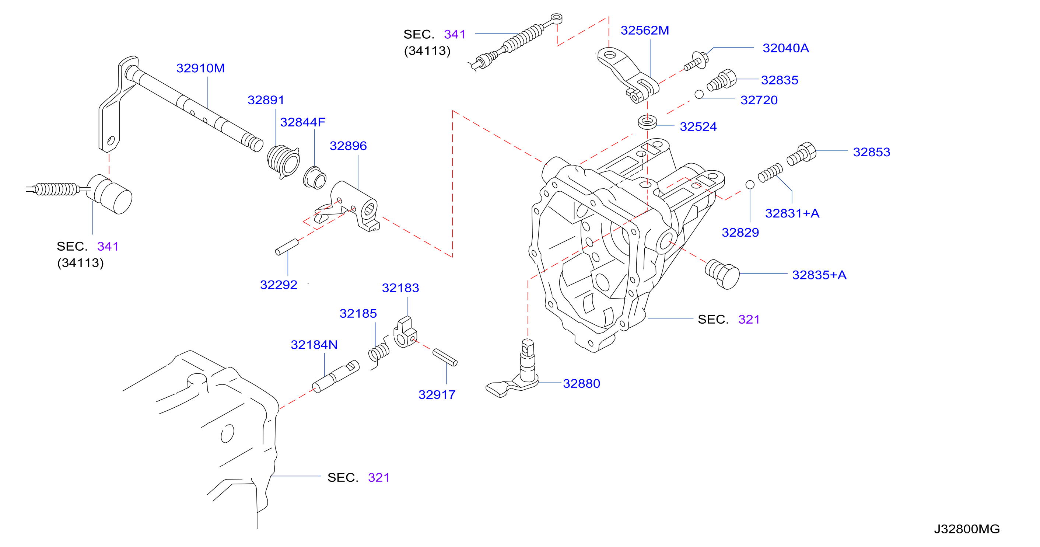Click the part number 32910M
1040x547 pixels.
tap(200, 68)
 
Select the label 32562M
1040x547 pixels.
tap(645, 30)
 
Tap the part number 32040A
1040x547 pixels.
tap(786, 48)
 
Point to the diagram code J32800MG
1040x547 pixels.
tap(967, 529)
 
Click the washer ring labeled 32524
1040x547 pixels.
tap(647, 122)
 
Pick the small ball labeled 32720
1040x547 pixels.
tap(699, 94)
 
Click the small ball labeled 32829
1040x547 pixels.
tap(750, 185)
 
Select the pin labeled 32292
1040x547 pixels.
tap(287, 247)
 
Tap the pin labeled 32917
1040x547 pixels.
tap(445, 358)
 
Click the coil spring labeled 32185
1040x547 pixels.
tap(379, 352)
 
